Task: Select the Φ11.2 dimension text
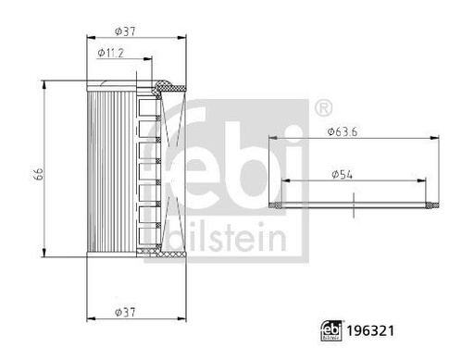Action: [x=111, y=54]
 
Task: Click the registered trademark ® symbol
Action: [x=324, y=107]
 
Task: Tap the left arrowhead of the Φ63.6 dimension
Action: [x=272, y=138]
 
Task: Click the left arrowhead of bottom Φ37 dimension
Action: [x=89, y=319]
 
